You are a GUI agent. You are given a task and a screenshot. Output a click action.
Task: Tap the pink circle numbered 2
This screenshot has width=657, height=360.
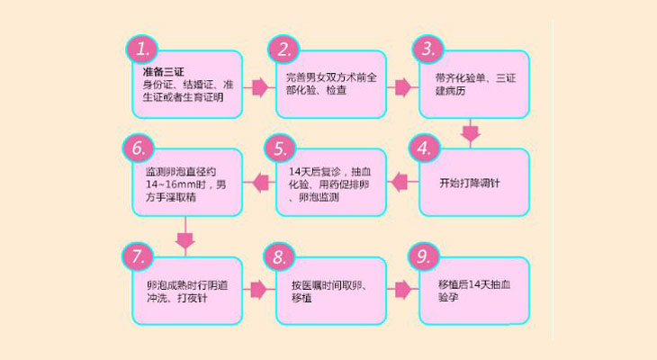pyautogui.click(x=284, y=48)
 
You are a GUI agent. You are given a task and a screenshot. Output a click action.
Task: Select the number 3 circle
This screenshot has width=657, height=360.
pyautogui.click(x=428, y=48)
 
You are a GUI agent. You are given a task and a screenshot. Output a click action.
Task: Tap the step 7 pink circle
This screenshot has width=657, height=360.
pyautogui.click(x=140, y=258)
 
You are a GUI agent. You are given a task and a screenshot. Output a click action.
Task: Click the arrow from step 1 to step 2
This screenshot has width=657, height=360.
pyautogui.click(x=259, y=87)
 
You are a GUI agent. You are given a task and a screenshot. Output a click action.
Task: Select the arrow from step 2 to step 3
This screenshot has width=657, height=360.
pyautogui.click(x=401, y=87)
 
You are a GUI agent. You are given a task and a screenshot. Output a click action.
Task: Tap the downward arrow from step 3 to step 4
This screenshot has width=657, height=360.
pyautogui.click(x=470, y=133)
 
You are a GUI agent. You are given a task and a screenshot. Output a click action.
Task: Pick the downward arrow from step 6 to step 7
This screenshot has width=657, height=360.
pyautogui.click(x=184, y=238)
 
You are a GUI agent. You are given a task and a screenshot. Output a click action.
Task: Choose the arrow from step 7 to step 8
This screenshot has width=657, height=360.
pyautogui.click(x=259, y=290)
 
